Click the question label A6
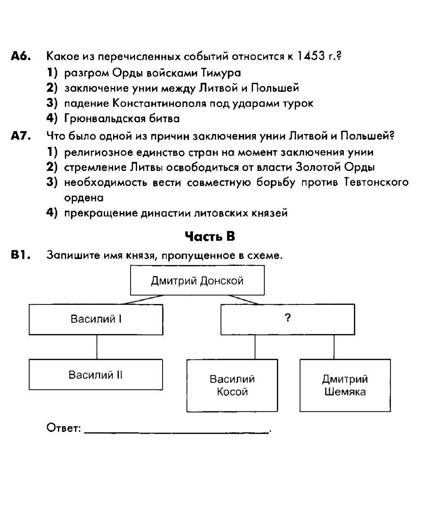coord(21,56)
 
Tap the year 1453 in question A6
coord(311,56)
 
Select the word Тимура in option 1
coord(221,73)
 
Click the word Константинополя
coord(159,103)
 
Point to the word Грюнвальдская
coord(105,119)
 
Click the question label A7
coord(21,136)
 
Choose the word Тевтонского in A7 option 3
coord(376,182)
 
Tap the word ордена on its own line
coord(84,198)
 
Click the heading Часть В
coord(210,236)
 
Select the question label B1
coord(21,255)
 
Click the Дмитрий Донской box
coord(197,280)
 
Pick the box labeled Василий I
coord(96,320)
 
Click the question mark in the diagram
coord(288,317)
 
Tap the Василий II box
coord(96,374)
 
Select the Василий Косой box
coord(232,385)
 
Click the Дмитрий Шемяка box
coord(345,385)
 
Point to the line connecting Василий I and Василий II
coord(97,347)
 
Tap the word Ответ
coord(64,428)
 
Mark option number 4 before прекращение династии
coord(52,213)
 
